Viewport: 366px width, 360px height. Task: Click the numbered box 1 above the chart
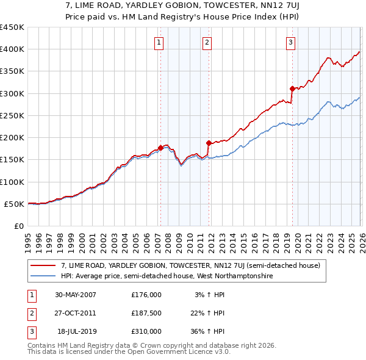[159, 42]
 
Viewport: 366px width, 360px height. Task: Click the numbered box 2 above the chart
[207, 42]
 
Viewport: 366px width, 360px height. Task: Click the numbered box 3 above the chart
[290, 42]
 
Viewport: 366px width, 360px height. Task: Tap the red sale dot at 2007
[160, 148]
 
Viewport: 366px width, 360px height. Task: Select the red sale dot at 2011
[209, 143]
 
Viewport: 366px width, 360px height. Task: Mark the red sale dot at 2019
[292, 88]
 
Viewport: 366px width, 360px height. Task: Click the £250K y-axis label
[12, 115]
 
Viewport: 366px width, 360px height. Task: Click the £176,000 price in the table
[146, 295]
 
